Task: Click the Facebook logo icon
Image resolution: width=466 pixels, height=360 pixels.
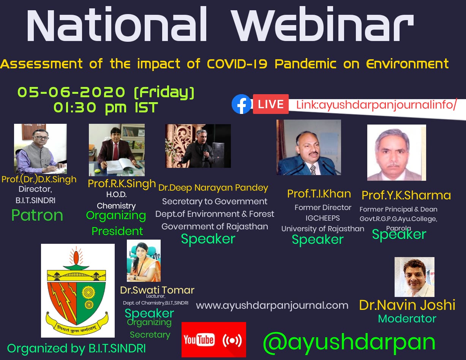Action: [x=242, y=104]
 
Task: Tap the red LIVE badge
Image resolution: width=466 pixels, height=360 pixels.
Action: [x=271, y=104]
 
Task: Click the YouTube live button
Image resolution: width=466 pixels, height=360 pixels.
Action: [x=214, y=339]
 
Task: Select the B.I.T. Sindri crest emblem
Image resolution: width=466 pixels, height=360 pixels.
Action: [x=77, y=291]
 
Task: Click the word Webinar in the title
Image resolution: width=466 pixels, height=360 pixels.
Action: [x=323, y=24]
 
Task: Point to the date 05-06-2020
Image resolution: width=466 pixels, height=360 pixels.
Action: [x=71, y=92]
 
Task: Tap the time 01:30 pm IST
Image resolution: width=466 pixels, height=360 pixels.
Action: [x=106, y=108]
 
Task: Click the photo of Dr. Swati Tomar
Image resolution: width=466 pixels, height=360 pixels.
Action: [x=144, y=261]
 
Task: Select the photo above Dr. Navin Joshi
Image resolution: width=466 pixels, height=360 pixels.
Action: [x=414, y=277]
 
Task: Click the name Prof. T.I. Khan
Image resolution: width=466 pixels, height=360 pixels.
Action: [x=319, y=194]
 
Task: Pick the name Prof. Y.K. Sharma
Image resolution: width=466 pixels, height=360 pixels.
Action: [x=406, y=195]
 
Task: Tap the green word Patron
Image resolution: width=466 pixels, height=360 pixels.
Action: [x=37, y=215]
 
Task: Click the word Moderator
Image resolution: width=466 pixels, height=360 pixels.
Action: [x=407, y=319]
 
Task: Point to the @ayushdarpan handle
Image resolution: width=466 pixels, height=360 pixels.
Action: [x=349, y=343]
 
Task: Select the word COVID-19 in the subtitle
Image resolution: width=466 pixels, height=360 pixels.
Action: [x=237, y=64]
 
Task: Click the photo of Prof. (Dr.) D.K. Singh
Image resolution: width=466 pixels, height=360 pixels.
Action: [x=40, y=149]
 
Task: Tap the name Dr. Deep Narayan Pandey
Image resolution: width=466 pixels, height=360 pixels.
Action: [x=213, y=188]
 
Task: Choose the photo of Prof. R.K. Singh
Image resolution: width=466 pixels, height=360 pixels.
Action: [x=117, y=150]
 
